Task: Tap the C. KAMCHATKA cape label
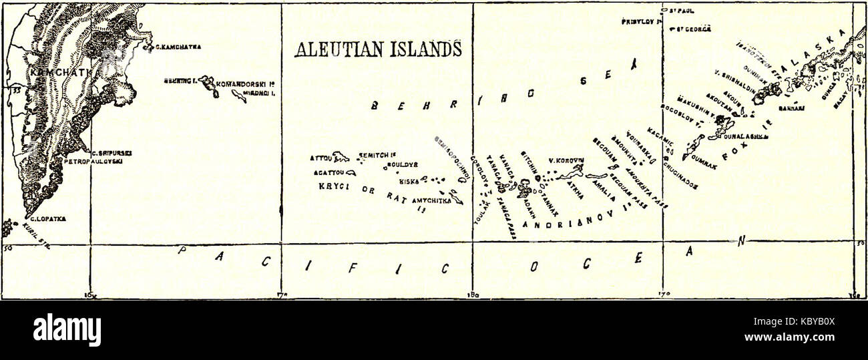179,47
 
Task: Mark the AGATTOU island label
325,172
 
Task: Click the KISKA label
409,181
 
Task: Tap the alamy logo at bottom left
67,330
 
